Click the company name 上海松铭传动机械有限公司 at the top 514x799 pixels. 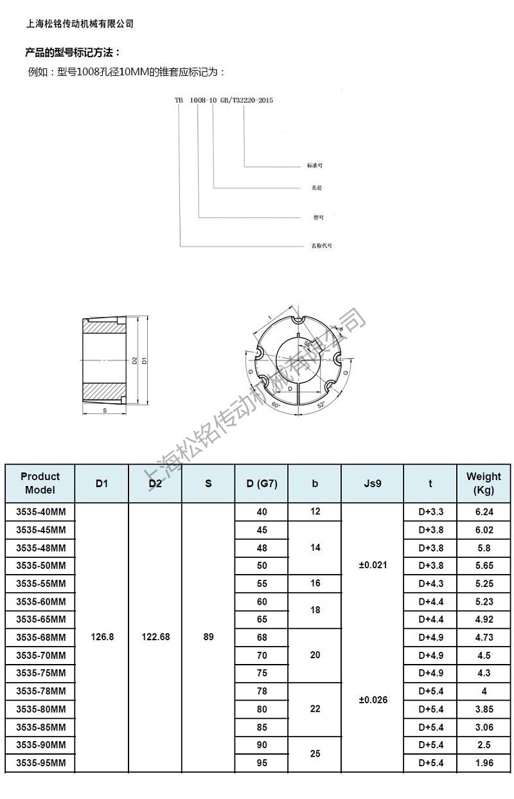[80, 24]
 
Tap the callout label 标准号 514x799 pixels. [314, 166]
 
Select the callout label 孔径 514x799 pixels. [314, 188]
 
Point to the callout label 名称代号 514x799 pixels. [321, 246]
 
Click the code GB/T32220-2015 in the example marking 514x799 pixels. [247, 100]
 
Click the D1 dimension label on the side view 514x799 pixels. [144, 361]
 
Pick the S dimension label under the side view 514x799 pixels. [103, 409]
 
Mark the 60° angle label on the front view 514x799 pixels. [276, 406]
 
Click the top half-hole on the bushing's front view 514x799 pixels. [298, 321]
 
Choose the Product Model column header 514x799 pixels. [40, 483]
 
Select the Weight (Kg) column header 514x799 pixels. [483, 483]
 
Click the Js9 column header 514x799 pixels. [372, 483]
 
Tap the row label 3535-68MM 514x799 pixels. [40, 637]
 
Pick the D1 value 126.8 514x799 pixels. [102, 637]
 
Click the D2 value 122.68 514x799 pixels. [155, 637]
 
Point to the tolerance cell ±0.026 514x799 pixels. [373, 699]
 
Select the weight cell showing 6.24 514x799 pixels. [484, 512]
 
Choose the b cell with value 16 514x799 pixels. [315, 583]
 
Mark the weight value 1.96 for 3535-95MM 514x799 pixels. [484, 763]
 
